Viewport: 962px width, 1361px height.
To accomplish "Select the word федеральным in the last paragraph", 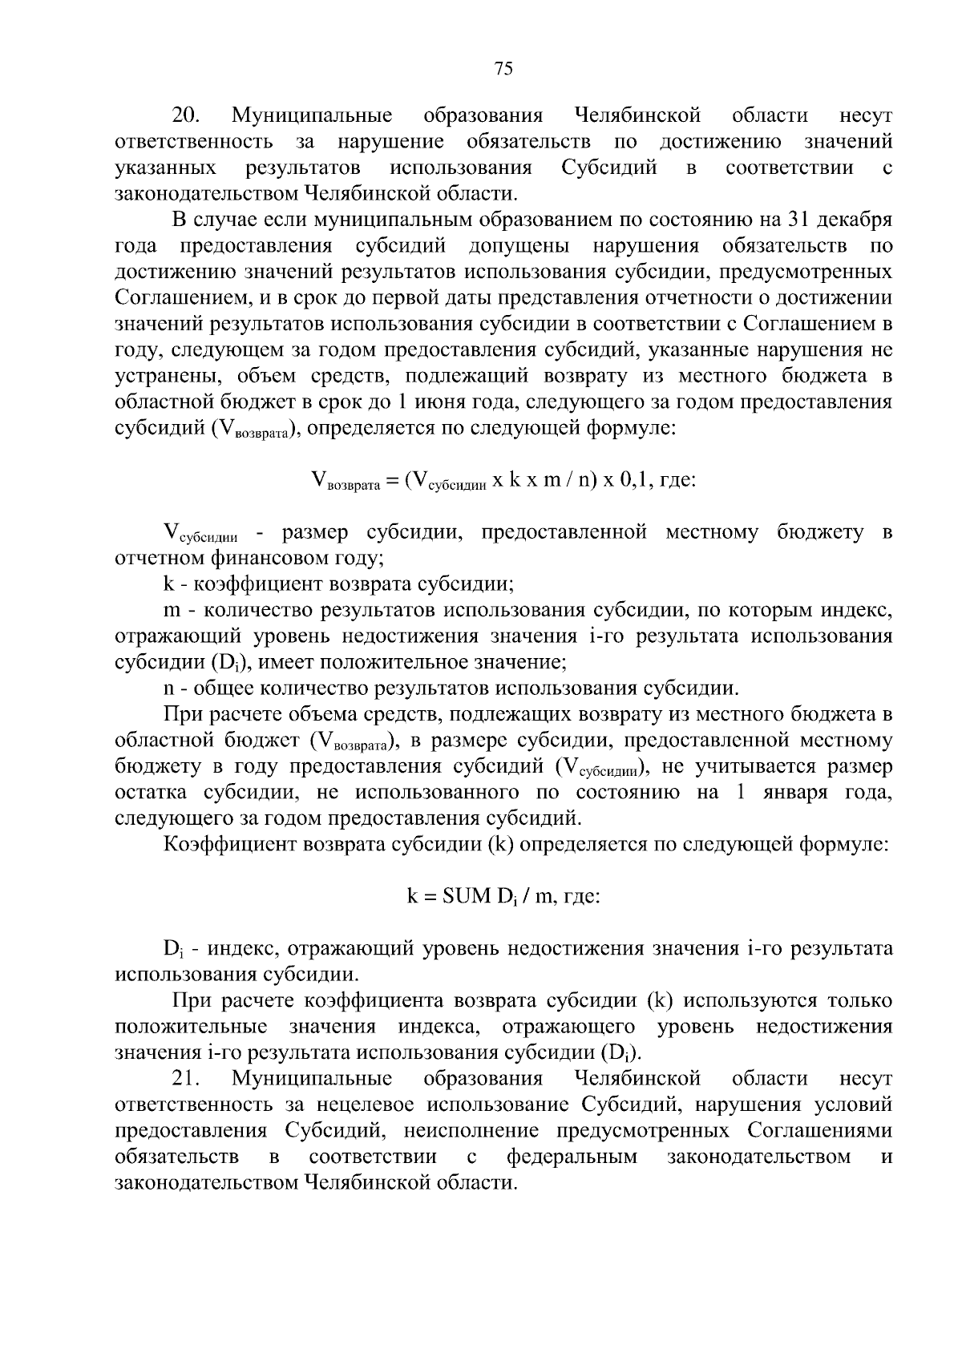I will coord(572,1157).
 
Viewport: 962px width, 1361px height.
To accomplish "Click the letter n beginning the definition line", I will coord(168,689).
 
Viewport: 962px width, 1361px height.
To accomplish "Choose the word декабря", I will coord(859,220).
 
